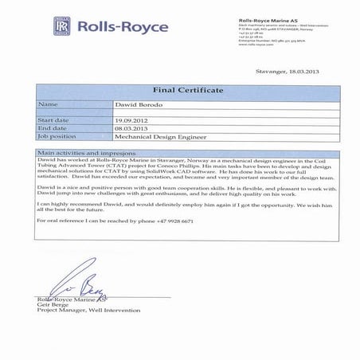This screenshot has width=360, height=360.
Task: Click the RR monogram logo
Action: point(61,28)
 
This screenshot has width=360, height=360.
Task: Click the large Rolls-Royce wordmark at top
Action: point(120,27)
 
